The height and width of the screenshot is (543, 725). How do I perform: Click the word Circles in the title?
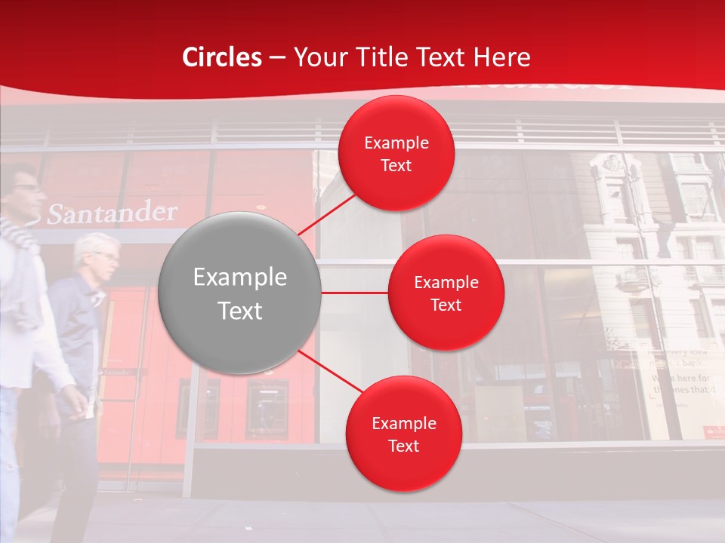222,57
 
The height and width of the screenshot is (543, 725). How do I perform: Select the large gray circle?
240,293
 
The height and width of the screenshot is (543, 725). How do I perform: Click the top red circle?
396,154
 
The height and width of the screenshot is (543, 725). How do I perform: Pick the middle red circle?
446,293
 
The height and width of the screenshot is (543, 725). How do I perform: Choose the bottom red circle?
403,434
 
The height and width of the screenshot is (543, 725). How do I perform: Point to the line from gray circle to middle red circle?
354,292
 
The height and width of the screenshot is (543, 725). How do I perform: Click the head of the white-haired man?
97,255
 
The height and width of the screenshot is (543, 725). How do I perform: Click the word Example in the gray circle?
240,278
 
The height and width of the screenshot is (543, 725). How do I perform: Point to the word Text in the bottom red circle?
403,446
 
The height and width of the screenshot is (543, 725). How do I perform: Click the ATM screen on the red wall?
267,406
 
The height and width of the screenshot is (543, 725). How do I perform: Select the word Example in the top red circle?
396,143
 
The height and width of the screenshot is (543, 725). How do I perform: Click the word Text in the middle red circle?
446,305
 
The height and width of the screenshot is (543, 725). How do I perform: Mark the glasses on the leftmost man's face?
26,188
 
